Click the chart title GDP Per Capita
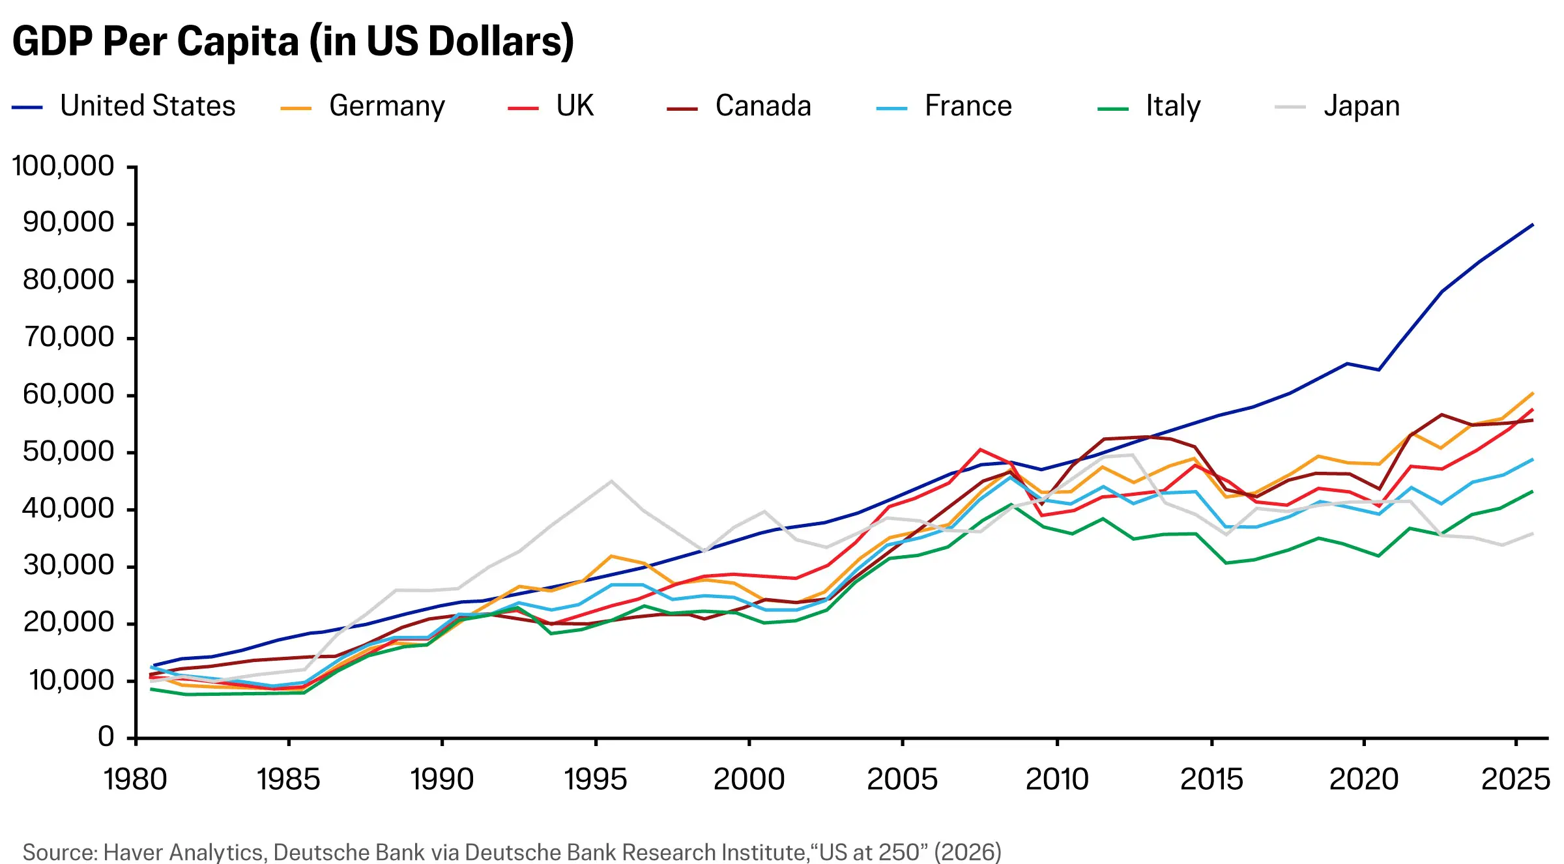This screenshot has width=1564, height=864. [293, 41]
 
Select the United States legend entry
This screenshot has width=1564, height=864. [124, 106]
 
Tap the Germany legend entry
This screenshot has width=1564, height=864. [363, 106]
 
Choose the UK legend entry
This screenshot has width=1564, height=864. [551, 106]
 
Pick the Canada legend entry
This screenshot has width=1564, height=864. [739, 106]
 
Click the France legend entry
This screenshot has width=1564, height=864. [944, 106]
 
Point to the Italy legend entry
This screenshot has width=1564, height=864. [1150, 106]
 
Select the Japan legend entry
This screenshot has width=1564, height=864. [1337, 106]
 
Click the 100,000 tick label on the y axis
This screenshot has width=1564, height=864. [63, 166]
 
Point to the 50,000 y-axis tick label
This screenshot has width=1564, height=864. [68, 452]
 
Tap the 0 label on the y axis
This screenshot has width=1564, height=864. [106, 737]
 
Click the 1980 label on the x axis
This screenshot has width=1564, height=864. [136, 779]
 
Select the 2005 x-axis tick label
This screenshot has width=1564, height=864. [903, 779]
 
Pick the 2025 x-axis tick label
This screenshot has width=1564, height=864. [1516, 779]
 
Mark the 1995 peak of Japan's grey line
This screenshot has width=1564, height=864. [611, 481]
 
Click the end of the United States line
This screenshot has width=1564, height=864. [1533, 224]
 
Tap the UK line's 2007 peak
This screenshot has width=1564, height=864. [980, 449]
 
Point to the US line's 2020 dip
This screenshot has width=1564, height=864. [1379, 370]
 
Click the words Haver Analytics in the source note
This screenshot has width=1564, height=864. [183, 852]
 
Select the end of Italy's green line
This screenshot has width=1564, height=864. [1533, 491]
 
